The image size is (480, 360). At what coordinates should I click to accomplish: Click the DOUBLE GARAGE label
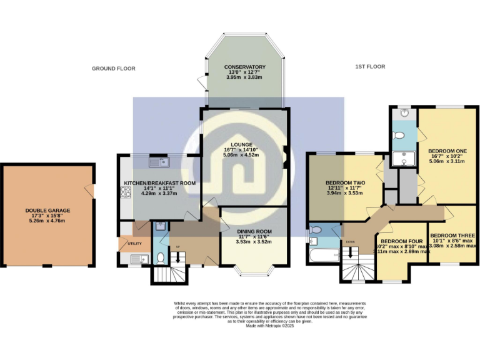coord(48,211)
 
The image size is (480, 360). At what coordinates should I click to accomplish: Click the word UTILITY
coord(135,243)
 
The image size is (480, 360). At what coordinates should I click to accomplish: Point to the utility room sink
coord(136,258)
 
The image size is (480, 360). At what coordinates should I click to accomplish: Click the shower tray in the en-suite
coord(403,160)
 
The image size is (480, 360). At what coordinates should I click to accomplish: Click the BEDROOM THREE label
coord(452,236)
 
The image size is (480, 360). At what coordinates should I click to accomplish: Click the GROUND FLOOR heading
coord(113,69)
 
